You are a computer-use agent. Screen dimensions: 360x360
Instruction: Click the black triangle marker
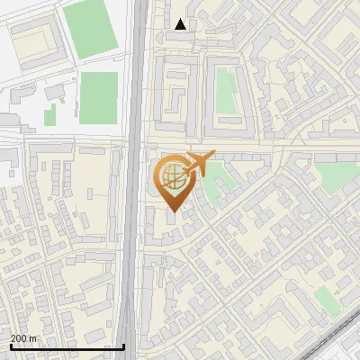pyautogui.click(x=181, y=24)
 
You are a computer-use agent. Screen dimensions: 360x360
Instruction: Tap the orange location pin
pyautogui.click(x=173, y=183)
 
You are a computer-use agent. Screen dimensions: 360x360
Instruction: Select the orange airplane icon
pyautogui.click(x=197, y=164)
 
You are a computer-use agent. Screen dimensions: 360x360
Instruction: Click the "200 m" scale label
pyautogui.click(x=23, y=337)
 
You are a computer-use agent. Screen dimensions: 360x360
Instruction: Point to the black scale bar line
pyautogui.click(x=67, y=346)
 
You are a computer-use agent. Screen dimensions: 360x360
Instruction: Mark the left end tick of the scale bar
pyautogui.click(x=11, y=346)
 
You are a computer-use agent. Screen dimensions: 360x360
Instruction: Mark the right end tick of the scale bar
pyautogui.click(x=124, y=346)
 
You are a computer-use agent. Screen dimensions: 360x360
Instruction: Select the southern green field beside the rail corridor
pyautogui.click(x=98, y=97)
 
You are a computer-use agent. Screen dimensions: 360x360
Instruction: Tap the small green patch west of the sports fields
pyautogui.click(x=50, y=114)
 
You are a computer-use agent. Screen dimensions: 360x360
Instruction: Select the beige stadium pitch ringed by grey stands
pyautogui.click(x=35, y=40)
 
